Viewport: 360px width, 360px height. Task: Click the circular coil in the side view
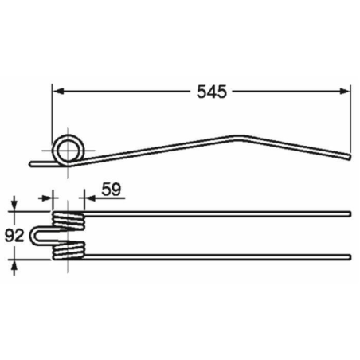click(x=68, y=149)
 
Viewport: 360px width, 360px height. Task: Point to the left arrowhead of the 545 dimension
click(x=57, y=92)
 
